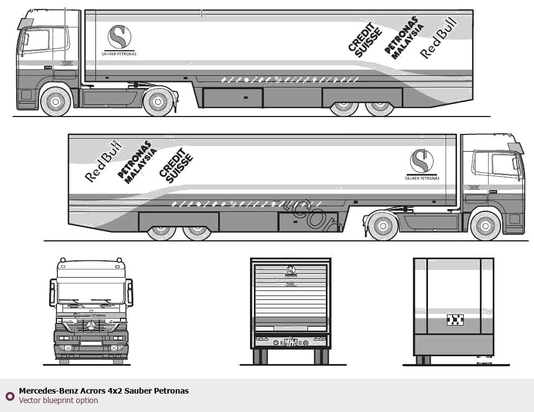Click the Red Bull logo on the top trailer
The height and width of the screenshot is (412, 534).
[439, 38]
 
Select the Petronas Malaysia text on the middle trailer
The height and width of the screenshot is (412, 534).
[135, 162]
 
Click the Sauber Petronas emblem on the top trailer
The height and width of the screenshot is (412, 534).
[119, 37]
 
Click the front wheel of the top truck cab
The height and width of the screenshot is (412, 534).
[55, 101]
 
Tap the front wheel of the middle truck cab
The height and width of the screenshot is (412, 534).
[485, 226]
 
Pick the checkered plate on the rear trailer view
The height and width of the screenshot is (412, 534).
[455, 319]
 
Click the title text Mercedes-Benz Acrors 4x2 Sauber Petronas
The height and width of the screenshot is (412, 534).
[104, 391]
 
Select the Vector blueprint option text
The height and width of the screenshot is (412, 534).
[59, 400]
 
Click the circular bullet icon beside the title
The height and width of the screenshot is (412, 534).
[9, 396]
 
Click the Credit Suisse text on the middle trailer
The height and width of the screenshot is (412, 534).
[176, 166]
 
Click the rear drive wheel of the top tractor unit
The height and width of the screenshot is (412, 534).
[158, 101]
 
